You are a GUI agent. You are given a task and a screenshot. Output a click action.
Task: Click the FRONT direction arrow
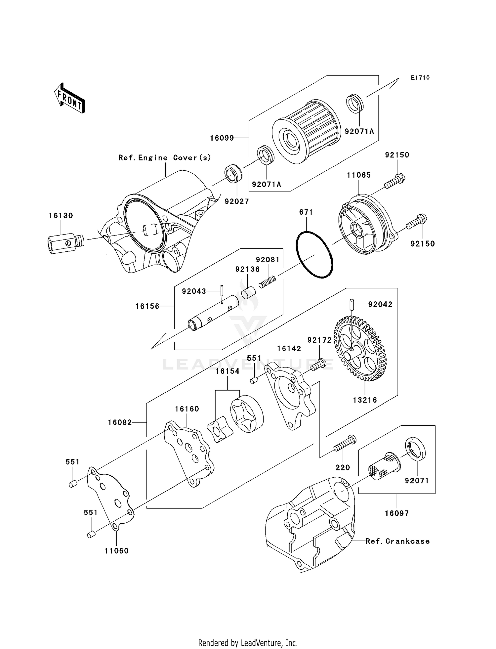[70, 98]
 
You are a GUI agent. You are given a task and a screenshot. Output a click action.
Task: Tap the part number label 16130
[61, 216]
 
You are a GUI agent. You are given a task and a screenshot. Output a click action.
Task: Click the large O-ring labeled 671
[314, 254]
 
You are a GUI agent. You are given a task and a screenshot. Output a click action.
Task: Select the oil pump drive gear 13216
[360, 348]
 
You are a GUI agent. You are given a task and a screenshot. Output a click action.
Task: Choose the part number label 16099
[222, 138]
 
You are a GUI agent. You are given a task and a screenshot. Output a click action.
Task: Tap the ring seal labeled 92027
[233, 175]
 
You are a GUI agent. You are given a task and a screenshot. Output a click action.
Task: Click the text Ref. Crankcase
[397, 541]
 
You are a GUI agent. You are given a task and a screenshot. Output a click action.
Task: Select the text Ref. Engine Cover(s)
[165, 158]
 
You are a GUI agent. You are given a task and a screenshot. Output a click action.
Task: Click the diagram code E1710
[420, 78]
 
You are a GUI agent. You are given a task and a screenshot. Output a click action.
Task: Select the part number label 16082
[120, 422]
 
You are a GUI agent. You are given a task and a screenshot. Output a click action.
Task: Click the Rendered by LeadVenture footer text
[248, 643]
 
